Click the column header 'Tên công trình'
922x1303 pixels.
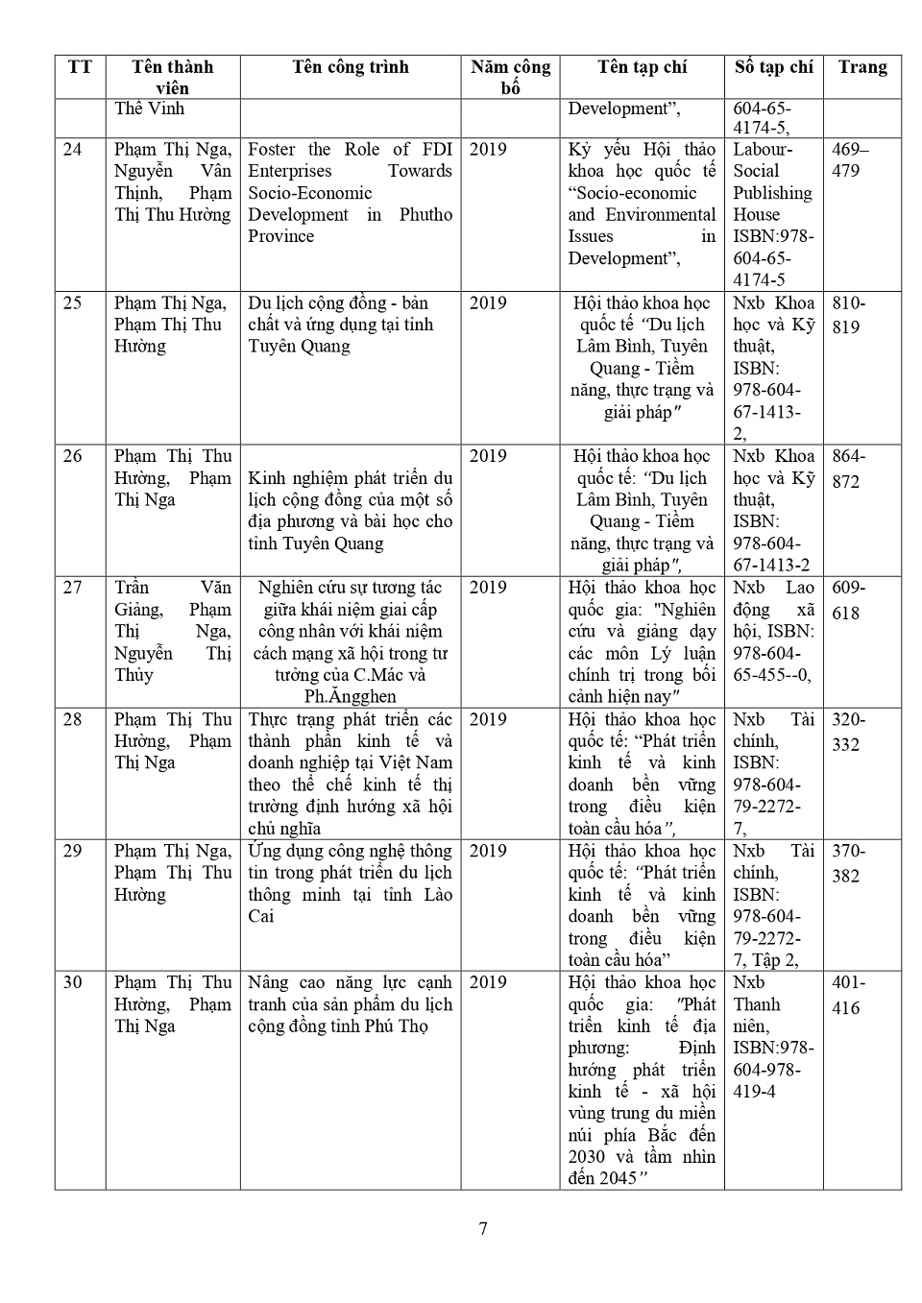351,67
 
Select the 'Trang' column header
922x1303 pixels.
862,67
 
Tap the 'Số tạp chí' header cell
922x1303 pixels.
773,67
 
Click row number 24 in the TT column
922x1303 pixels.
73,150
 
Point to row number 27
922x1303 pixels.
73,588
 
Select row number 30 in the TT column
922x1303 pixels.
73,982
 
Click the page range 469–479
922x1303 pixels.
849,160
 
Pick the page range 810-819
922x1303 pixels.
848,315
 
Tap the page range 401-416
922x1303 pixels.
848,995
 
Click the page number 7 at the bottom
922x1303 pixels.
483,1228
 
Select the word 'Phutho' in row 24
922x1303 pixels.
425,215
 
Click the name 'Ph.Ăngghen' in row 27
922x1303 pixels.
350,697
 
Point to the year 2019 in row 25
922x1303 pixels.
488,303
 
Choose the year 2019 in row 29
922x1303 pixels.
488,851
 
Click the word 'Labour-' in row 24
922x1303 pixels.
763,150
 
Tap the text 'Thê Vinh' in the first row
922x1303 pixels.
149,109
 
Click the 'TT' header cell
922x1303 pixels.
81,67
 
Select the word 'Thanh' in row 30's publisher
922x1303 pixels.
757,1004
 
